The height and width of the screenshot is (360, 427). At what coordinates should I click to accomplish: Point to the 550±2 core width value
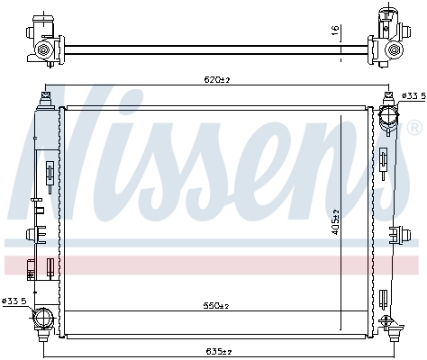(213, 307)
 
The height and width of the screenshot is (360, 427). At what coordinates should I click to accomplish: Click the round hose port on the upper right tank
(389, 116)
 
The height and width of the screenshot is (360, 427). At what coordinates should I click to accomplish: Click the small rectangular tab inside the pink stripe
(31, 266)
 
